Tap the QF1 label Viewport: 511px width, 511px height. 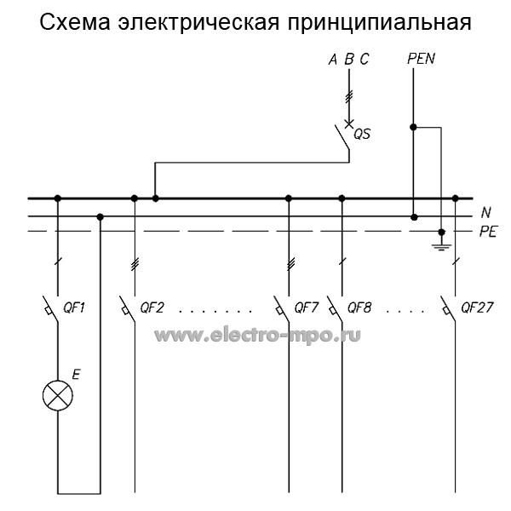[77, 307]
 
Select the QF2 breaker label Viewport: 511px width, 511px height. [152, 307]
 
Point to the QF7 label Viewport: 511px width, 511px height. [306, 307]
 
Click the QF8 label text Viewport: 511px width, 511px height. [359, 307]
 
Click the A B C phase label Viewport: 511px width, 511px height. [348, 60]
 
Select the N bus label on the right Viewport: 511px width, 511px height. [486, 211]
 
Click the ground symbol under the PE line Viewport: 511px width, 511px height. [441, 245]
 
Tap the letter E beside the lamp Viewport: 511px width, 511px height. [77, 373]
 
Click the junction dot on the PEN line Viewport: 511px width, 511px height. [413, 128]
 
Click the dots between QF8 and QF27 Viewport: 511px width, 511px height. [405, 311]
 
